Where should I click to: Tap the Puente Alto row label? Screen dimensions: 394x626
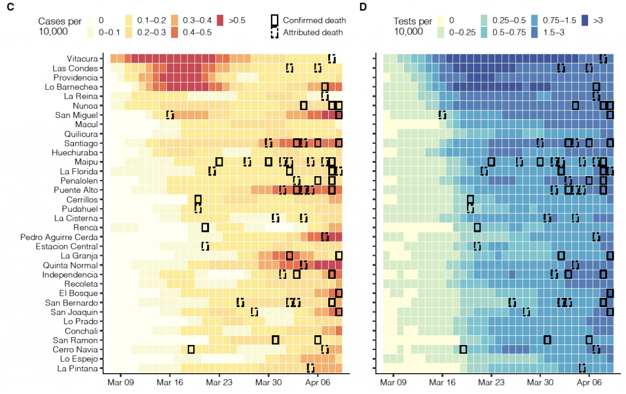(x=75, y=190)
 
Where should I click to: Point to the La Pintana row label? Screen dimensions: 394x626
(x=77, y=368)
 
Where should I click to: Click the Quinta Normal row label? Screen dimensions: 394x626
(x=72, y=266)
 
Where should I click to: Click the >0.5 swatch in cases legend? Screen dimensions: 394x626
(x=223, y=20)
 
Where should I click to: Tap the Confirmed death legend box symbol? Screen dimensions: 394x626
(x=275, y=21)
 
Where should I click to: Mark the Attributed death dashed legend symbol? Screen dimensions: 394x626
(x=275, y=32)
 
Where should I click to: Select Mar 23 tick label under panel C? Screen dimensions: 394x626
(x=219, y=382)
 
